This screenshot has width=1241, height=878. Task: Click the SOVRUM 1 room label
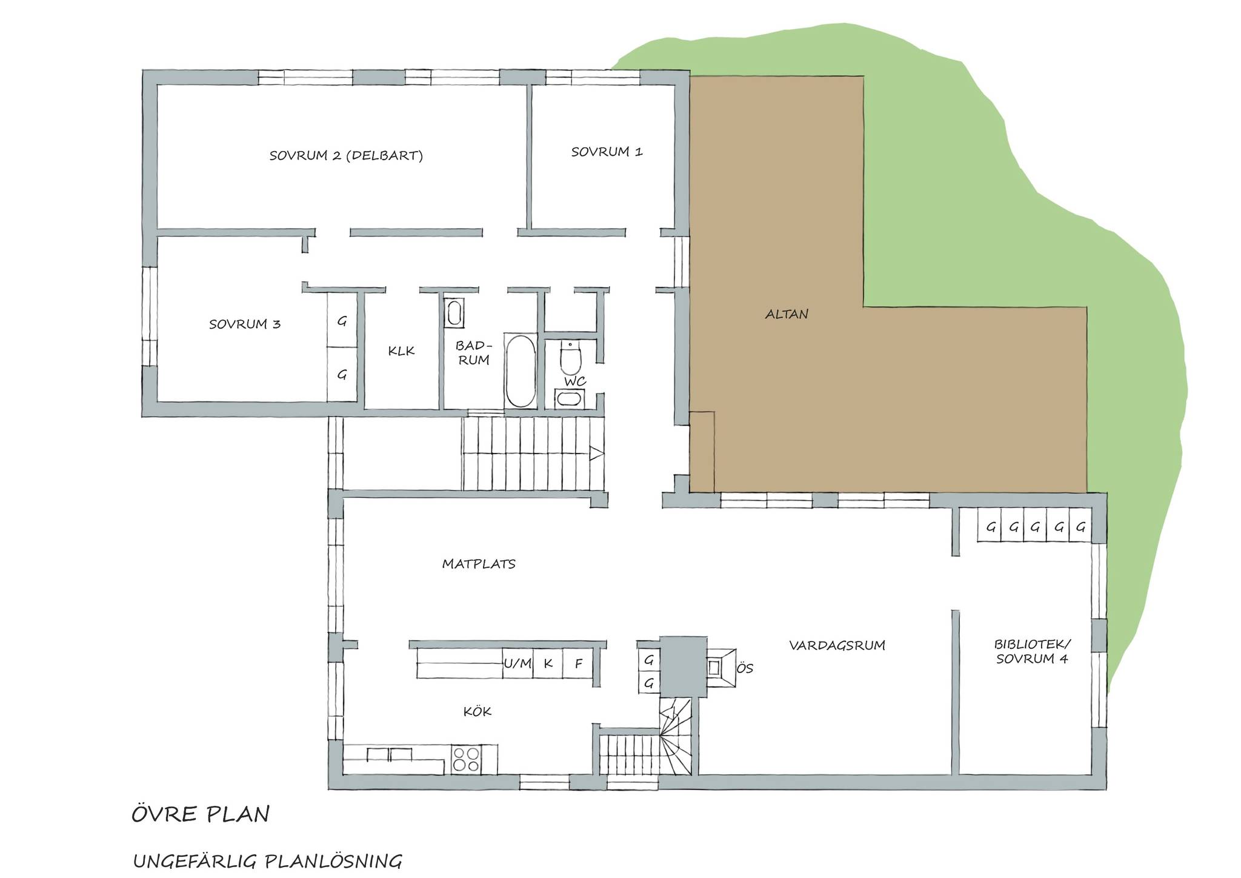pos(607,152)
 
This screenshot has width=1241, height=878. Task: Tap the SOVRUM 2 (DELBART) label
pos(346,155)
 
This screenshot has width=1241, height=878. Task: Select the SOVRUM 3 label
pos(245,324)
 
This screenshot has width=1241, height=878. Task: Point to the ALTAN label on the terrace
pos(787,314)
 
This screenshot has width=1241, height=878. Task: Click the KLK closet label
pos(401,350)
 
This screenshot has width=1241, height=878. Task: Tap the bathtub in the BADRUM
pos(521,371)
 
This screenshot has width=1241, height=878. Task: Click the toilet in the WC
pos(570,358)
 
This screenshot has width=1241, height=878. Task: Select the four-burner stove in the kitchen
pos(466,759)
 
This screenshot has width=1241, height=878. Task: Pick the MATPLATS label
pos(479,564)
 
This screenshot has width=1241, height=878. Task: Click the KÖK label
pos(477,711)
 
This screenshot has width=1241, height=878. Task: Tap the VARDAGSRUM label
pos(837,645)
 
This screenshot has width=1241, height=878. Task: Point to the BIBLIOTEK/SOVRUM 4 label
pos(1032,651)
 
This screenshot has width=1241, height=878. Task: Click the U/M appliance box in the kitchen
pos(517,663)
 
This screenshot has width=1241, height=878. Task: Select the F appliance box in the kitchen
pos(579,663)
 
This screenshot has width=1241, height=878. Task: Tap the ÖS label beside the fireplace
pos(745,668)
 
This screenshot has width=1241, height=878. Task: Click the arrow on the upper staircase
pos(596,453)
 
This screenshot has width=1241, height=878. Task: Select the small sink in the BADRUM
pos(454,313)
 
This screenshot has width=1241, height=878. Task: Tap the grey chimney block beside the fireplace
pos(683,666)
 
